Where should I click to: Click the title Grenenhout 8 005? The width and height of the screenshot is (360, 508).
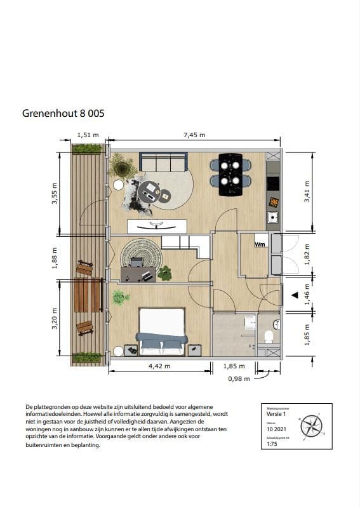[x=63, y=114]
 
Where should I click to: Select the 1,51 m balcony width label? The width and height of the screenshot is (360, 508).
[x=88, y=135]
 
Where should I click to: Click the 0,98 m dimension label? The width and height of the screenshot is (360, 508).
[x=239, y=378]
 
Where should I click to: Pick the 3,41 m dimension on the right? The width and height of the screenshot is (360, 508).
[x=308, y=191]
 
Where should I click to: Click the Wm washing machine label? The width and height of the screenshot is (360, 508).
[x=260, y=244]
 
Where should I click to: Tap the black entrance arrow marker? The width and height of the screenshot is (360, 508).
[x=293, y=295]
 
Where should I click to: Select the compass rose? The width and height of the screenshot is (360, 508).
[x=311, y=424]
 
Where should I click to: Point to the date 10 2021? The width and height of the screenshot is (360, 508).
[x=276, y=429]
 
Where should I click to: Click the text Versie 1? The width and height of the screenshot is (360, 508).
[x=276, y=413]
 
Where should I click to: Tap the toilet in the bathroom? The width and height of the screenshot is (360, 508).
[x=269, y=336]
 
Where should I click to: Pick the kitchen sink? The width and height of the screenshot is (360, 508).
[x=272, y=218]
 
